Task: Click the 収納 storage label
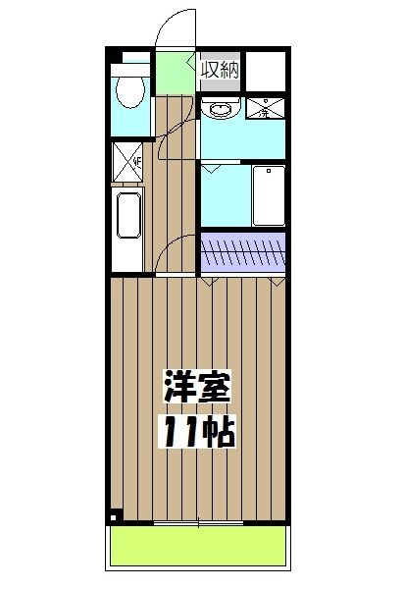[221, 70]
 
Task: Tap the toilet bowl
[127, 93]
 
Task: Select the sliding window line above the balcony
[199, 521]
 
